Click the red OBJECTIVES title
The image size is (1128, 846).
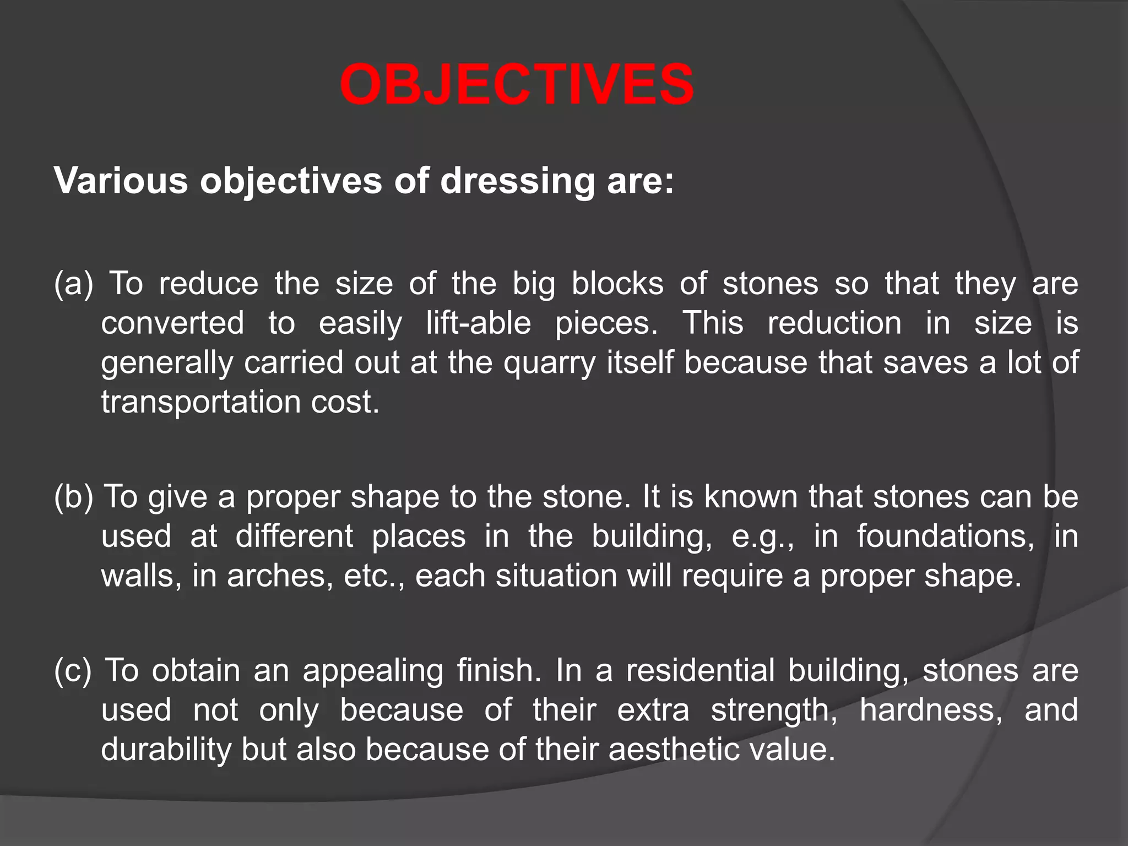[517, 85]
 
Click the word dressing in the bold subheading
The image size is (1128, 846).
[517, 181]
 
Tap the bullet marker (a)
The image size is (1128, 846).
[74, 284]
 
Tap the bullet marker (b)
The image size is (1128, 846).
[74, 496]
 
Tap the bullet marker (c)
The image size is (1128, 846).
[73, 670]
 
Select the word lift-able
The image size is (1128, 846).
[478, 323]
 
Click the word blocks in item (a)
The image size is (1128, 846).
[617, 284]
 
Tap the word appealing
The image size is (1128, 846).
[373, 671]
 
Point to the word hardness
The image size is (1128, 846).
[931, 710]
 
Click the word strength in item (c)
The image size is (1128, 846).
[774, 710]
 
